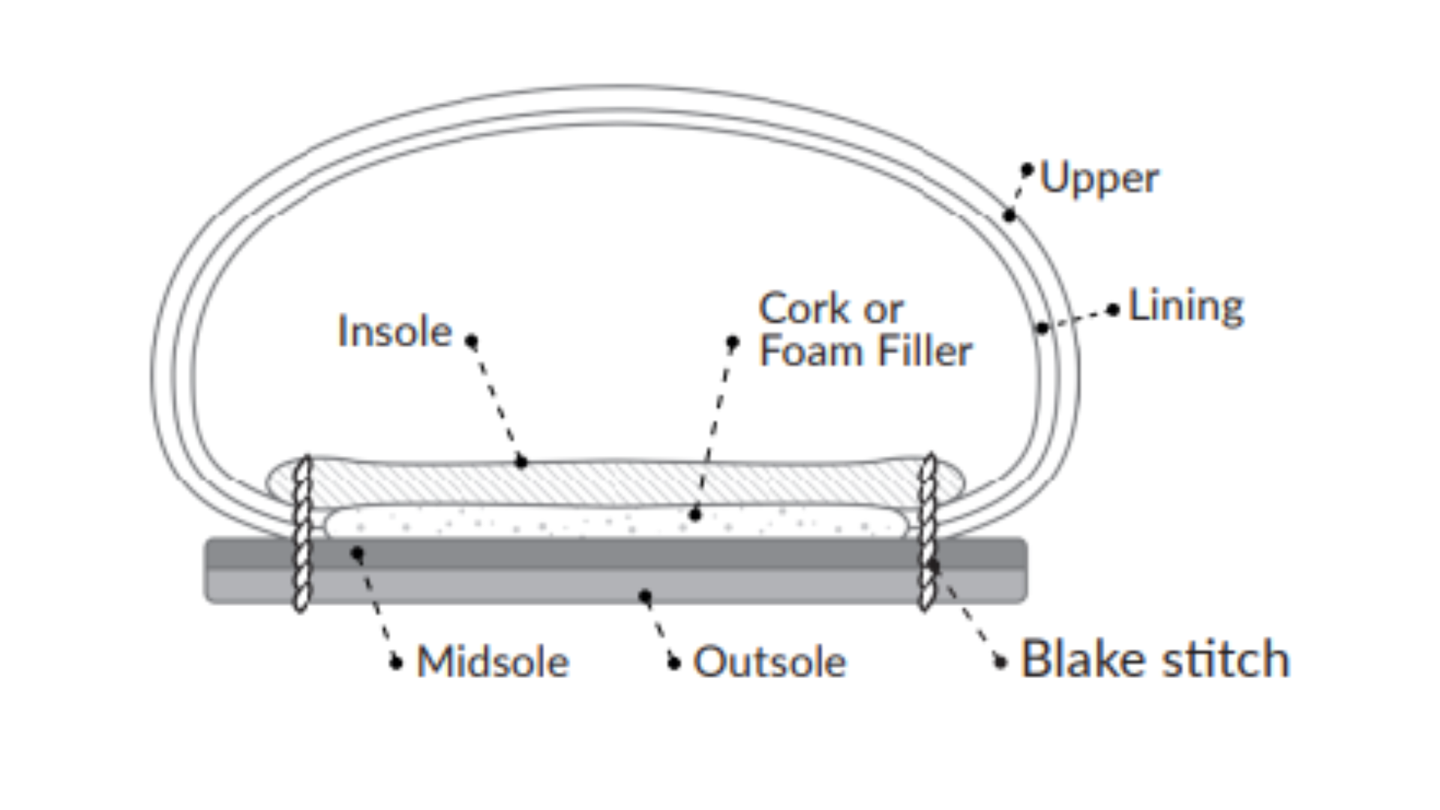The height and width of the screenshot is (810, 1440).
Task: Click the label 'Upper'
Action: [x=1099, y=178]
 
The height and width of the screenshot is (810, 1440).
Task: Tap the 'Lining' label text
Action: [x=1186, y=307]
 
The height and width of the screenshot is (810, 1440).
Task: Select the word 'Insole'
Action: [x=394, y=331]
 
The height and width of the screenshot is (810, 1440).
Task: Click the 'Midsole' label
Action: [x=493, y=662]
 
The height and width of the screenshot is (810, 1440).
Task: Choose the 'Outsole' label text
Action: [x=769, y=662]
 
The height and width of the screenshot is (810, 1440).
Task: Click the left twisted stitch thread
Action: [x=301, y=532]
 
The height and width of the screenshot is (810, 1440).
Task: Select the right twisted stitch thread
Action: [x=928, y=532]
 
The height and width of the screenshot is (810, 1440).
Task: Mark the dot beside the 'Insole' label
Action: [x=471, y=342]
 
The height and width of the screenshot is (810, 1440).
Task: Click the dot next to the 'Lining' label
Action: [x=1113, y=310]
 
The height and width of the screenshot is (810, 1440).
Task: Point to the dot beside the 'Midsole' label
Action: [x=397, y=663]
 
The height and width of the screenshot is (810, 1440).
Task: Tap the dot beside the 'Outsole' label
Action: [x=674, y=663]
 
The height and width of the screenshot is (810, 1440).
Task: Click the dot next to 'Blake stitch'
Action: [x=1000, y=662]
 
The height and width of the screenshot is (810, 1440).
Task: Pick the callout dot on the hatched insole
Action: [x=521, y=462]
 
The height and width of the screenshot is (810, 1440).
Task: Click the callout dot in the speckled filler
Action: [x=694, y=515]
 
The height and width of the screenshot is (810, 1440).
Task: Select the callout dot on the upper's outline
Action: [x=1009, y=216]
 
